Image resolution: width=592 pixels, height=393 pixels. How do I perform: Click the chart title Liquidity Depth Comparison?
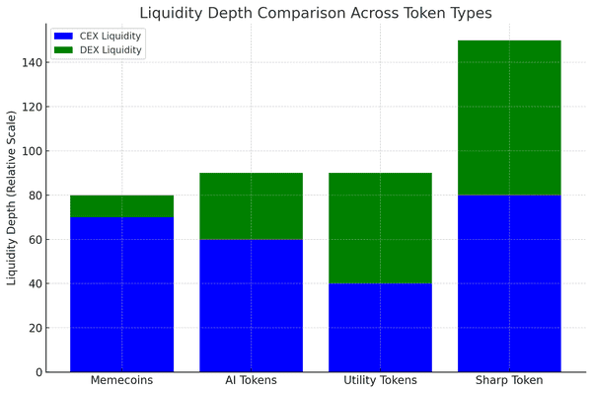315,13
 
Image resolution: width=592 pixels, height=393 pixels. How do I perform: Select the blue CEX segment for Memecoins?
121,294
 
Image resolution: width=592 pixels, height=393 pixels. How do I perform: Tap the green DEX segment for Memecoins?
121,206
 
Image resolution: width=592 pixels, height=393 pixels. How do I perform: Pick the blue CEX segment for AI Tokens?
251,305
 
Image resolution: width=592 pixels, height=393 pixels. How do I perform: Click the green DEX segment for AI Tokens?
251,206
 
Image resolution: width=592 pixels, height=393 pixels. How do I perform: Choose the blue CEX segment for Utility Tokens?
380,327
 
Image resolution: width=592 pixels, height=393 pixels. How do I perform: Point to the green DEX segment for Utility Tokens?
380,228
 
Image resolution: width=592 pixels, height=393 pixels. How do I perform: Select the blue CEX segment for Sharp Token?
509,283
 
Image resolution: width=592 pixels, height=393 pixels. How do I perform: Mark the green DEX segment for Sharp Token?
509,118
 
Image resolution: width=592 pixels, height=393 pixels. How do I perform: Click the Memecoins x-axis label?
121,381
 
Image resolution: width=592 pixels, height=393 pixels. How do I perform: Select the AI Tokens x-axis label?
251,381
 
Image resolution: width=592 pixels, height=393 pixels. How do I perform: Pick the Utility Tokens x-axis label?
380,381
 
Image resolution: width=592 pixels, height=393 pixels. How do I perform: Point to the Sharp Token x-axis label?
509,381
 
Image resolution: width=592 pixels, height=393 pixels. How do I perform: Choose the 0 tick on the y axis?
38,372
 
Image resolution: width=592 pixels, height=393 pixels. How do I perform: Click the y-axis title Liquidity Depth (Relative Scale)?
12,197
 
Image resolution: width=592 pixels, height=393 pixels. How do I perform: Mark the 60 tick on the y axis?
36,239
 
